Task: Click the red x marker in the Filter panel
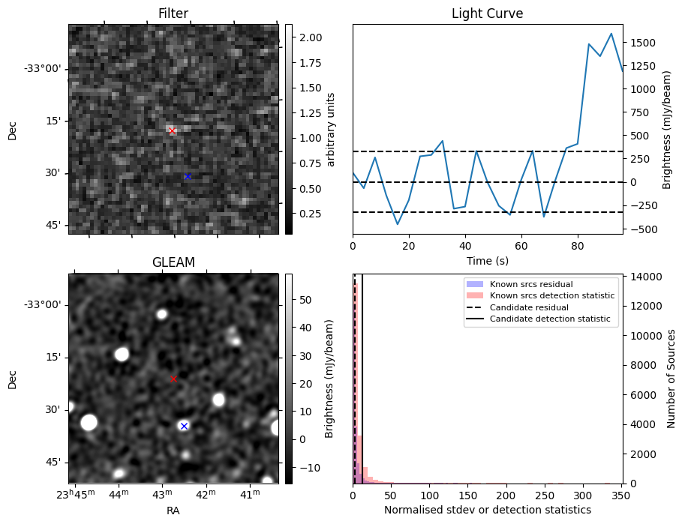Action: point(172,130)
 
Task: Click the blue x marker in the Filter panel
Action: point(188,177)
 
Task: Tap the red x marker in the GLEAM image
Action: point(173,379)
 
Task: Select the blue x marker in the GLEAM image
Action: point(184,426)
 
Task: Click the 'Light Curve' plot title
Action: point(487,14)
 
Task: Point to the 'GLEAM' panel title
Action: point(173,262)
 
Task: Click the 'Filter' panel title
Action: point(173,14)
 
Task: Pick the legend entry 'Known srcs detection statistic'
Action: point(551,295)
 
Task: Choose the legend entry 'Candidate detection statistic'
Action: point(549,319)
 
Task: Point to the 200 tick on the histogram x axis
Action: point(506,496)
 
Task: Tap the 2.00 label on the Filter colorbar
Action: point(311,37)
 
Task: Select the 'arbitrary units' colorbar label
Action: point(331,130)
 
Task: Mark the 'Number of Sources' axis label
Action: point(672,379)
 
